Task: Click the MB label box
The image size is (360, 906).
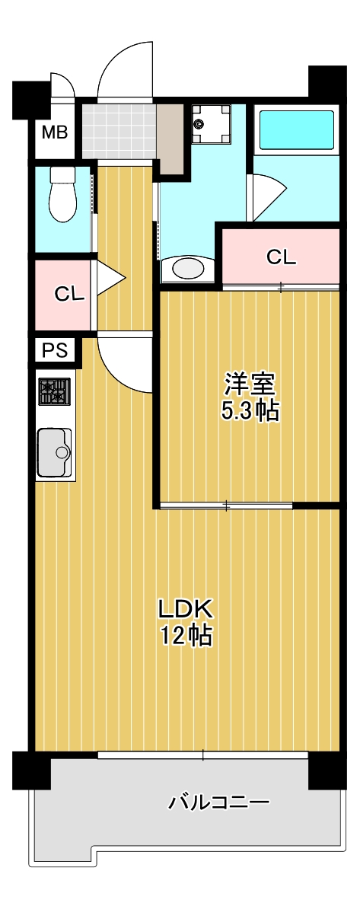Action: (54, 133)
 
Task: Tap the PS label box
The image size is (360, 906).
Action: (54, 350)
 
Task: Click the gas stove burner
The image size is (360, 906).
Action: (54, 393)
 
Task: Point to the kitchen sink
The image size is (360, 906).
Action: (55, 452)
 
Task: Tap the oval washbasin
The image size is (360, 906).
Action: (188, 268)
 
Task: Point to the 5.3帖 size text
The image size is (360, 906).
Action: (249, 411)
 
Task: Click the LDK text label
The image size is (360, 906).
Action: (187, 608)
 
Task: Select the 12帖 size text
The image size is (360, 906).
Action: (187, 636)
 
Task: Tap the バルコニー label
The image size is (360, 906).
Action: (218, 802)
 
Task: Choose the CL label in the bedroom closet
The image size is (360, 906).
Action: (281, 257)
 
